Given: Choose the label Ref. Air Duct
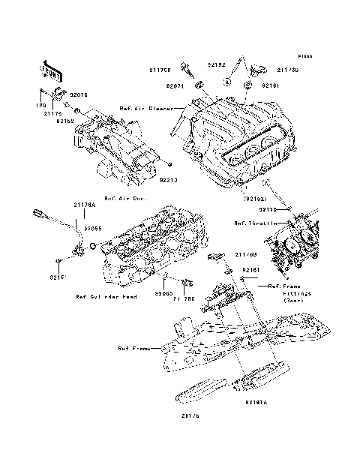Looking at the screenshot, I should tap(124, 199).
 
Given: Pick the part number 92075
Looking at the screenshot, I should tap(79, 95).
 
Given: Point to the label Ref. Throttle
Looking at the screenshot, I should tap(251, 223).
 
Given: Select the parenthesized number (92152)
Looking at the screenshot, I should tap(253, 198).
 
